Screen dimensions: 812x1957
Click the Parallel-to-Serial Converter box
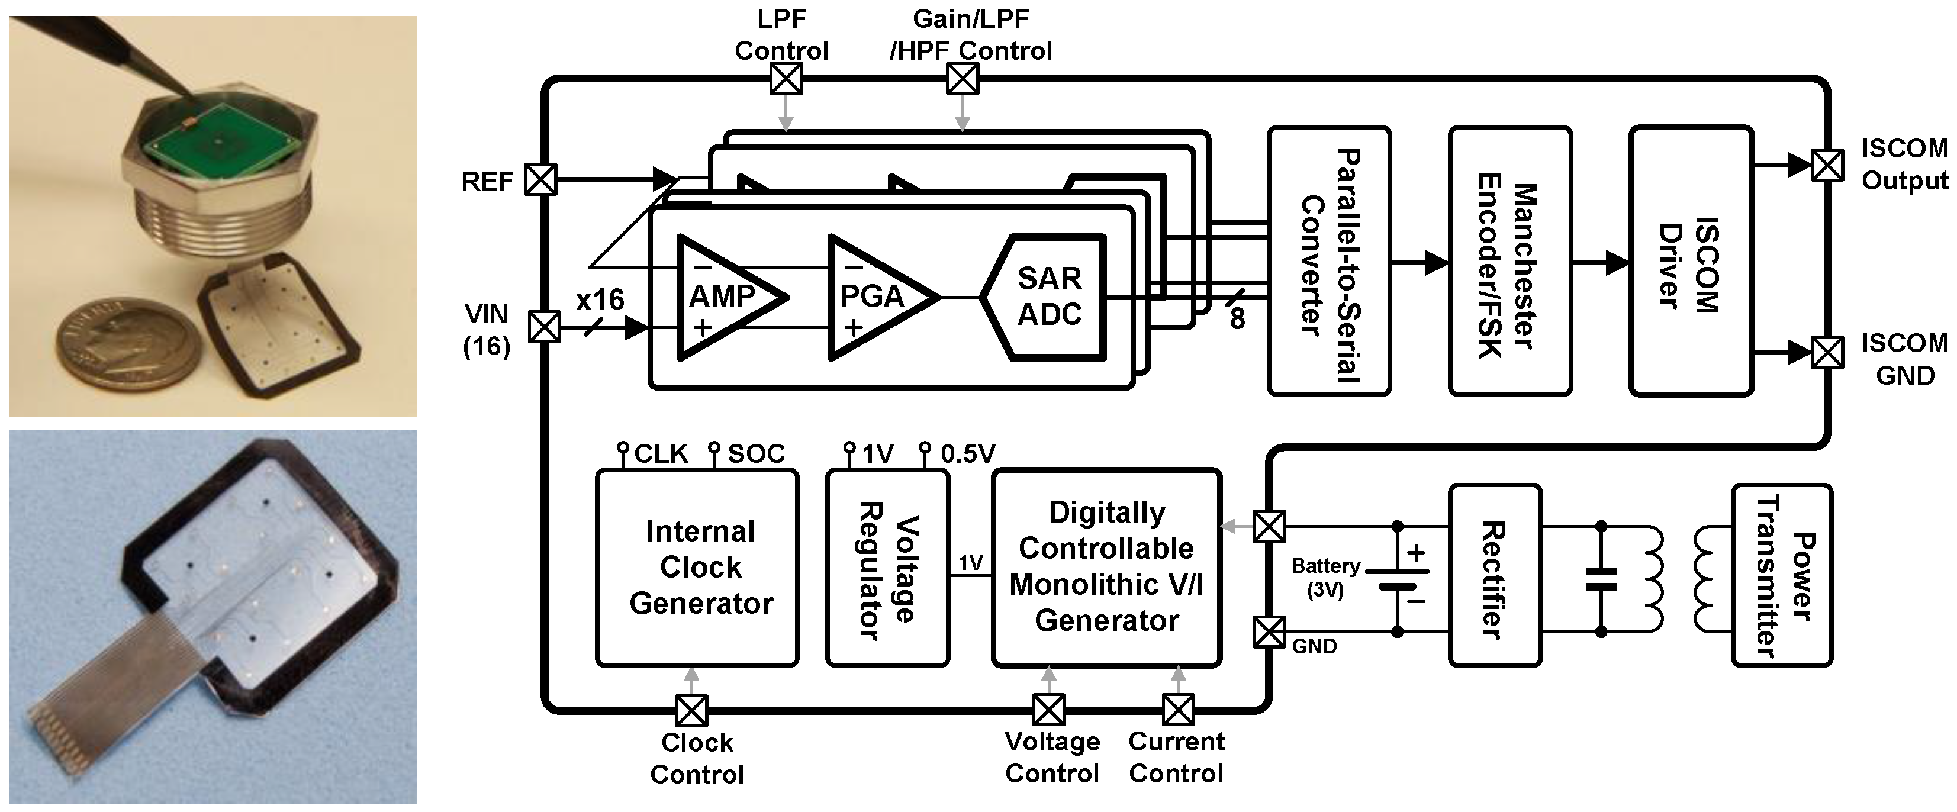coord(1329,262)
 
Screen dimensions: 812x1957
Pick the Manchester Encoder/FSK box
coord(1509,262)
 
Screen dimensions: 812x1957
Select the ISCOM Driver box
coord(1691,262)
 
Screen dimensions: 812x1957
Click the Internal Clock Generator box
coord(697,568)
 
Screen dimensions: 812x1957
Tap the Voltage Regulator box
coord(887,568)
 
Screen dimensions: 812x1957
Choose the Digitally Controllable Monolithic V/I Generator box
coord(1106,568)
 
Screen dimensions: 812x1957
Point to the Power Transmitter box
coord(1782,576)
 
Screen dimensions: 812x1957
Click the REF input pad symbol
coord(541,180)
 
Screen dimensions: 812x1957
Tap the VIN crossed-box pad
coord(545,327)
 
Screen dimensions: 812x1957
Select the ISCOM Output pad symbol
coord(1827,165)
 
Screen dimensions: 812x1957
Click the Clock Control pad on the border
coord(691,711)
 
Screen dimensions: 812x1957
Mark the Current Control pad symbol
coord(1179,710)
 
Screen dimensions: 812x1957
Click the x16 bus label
coord(600,300)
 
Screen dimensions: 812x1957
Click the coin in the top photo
coord(129,345)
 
